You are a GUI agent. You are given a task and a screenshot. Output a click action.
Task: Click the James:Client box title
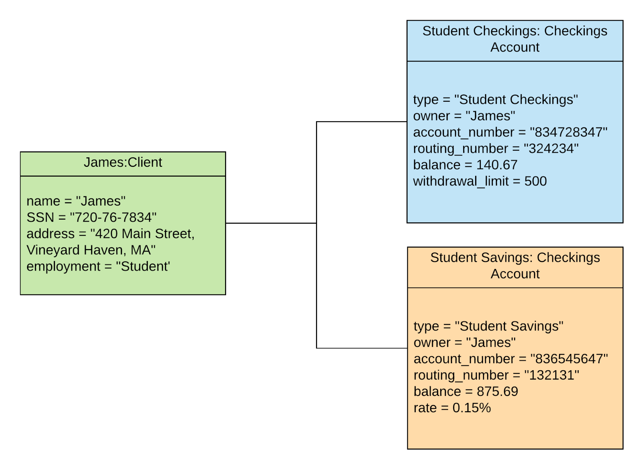tap(123, 162)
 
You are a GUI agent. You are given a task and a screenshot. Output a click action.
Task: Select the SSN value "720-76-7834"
tap(113, 217)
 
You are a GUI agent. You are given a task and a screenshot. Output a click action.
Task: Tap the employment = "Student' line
tap(98, 266)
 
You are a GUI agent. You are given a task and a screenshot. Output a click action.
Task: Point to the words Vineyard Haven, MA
tap(91, 250)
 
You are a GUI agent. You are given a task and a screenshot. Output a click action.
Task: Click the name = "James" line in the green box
tap(76, 201)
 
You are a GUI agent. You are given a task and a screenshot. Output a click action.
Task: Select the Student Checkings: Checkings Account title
tap(514, 39)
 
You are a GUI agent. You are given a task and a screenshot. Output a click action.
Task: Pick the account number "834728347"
tap(568, 132)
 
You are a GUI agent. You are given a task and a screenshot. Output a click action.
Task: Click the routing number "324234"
tap(551, 149)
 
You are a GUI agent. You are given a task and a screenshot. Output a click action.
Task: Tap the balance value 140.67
tap(497, 165)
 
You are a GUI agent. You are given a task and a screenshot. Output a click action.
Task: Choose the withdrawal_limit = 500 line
tap(480, 181)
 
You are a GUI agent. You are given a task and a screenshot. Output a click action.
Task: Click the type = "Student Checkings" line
tap(495, 100)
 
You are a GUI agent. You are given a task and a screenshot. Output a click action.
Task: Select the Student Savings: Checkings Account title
tap(515, 265)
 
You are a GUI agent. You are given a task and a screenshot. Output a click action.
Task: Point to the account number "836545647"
tap(569, 359)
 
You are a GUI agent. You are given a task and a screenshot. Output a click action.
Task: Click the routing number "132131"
tap(552, 375)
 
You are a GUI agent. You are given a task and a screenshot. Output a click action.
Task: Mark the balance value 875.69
tap(497, 391)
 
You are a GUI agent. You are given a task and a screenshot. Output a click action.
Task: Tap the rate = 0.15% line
tap(452, 408)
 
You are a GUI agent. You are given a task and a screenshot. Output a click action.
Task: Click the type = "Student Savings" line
tap(488, 326)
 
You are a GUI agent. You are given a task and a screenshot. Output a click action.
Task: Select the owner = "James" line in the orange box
tap(464, 342)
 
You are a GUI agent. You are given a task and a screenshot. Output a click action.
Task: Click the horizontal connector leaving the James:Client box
tap(270, 223)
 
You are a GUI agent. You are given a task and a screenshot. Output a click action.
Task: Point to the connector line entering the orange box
tap(362, 348)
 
